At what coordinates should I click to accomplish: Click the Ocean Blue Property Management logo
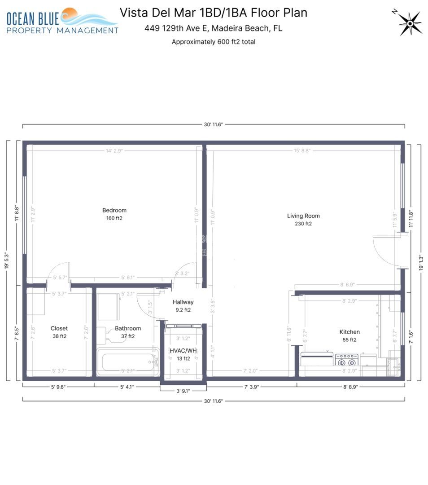click(x=62, y=21)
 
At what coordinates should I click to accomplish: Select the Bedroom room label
click(x=114, y=210)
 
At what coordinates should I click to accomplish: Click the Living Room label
click(x=303, y=216)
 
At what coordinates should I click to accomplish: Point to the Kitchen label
click(x=349, y=332)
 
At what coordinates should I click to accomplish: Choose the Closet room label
click(x=59, y=328)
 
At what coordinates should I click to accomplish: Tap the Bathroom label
click(x=128, y=328)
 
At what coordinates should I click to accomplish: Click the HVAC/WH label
click(x=183, y=350)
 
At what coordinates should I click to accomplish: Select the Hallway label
click(x=183, y=302)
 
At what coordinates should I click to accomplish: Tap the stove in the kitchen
click(x=346, y=360)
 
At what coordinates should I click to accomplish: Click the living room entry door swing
click(x=387, y=251)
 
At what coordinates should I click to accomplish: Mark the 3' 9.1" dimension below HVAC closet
click(x=183, y=391)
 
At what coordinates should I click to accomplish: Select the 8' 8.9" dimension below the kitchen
click(x=350, y=386)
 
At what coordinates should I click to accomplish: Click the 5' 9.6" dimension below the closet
click(x=58, y=386)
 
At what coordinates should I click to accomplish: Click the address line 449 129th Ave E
click(x=213, y=28)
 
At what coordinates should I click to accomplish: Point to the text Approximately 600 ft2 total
click(x=214, y=42)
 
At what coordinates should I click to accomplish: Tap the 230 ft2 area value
click(x=303, y=224)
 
